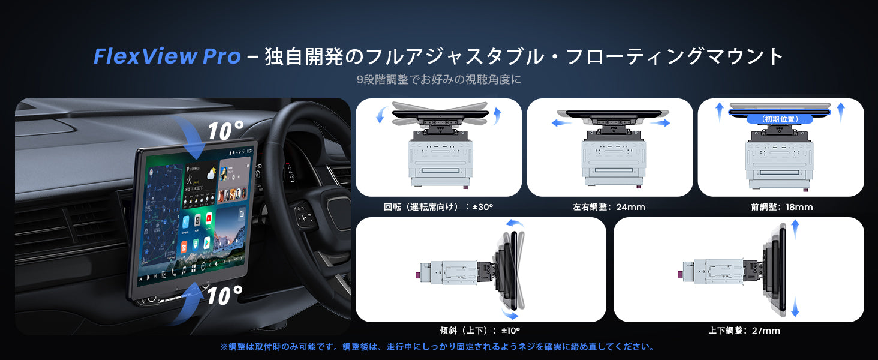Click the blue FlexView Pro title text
167,56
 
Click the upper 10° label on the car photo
225,130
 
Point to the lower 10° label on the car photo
224,295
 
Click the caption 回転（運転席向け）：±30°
438,207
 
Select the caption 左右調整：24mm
609,207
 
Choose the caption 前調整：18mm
781,207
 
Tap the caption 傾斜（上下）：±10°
480,331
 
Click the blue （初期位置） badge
780,119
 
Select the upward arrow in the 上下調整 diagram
796,230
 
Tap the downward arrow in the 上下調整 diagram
796,308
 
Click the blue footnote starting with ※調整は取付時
437,347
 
